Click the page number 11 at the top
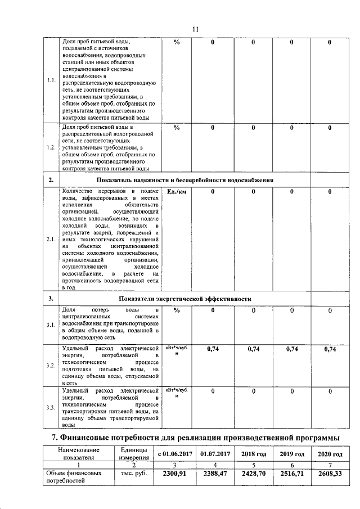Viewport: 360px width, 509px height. tap(195, 29)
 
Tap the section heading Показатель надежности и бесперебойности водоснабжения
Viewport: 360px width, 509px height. tap(184, 180)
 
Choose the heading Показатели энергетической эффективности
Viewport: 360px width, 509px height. tap(184, 298)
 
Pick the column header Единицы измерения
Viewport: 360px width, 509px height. tap(134, 453)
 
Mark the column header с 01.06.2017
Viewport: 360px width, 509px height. tap(174, 454)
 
